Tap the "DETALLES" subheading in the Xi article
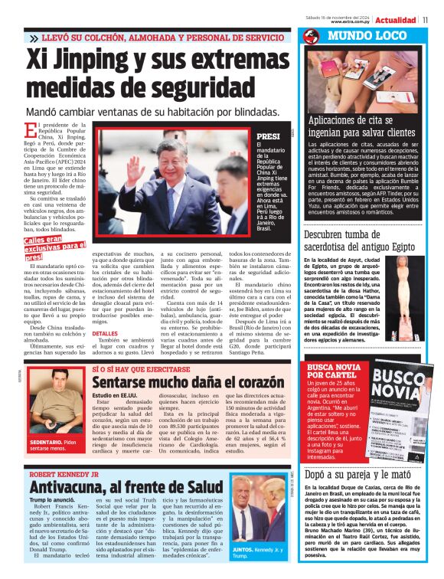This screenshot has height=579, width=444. click(105, 334)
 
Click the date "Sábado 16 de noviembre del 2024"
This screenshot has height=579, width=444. click(358, 16)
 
